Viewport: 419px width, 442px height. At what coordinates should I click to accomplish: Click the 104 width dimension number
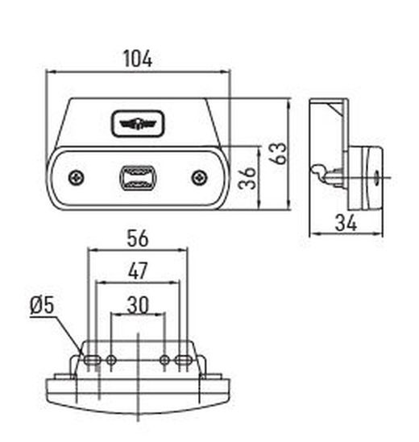coord(137,58)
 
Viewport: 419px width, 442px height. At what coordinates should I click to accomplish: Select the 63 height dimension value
coord(276,153)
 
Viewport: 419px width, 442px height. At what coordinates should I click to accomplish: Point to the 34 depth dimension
coord(346,222)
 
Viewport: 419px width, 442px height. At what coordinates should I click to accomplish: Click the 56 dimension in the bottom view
coord(137,238)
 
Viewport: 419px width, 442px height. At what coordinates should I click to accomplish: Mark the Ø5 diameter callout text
coord(40,305)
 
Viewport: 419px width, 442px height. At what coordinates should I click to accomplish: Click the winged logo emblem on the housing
coord(136,123)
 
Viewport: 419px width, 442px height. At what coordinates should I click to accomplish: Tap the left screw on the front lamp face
coord(75,177)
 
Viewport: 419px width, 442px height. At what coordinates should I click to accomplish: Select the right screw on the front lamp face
coord(198,177)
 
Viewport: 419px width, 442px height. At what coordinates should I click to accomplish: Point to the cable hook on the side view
coord(321,172)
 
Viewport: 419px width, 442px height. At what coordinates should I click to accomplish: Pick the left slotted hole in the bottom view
coord(93,359)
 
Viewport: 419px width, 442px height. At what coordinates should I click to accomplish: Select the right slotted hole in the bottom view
coord(184,359)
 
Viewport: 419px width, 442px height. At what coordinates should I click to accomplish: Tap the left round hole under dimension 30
coord(111,359)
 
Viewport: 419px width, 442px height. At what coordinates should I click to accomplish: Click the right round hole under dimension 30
coord(164,359)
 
